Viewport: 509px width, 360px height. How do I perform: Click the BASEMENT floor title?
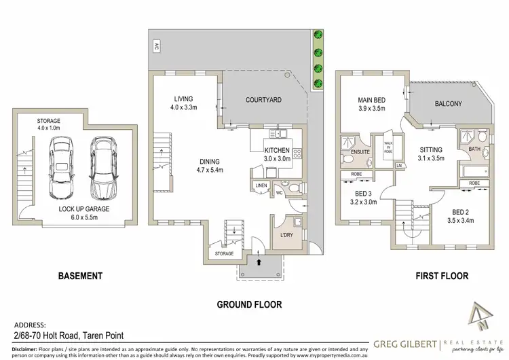pyautogui.click(x=79, y=276)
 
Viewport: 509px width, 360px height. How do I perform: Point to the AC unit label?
pyautogui.click(x=156, y=48)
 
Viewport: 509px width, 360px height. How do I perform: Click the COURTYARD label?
pyautogui.click(x=263, y=100)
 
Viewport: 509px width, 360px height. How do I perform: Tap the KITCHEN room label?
pyautogui.click(x=278, y=150)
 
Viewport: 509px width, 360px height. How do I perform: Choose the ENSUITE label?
pyautogui.click(x=360, y=151)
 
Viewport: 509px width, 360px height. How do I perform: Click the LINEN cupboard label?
pyautogui.click(x=262, y=185)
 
